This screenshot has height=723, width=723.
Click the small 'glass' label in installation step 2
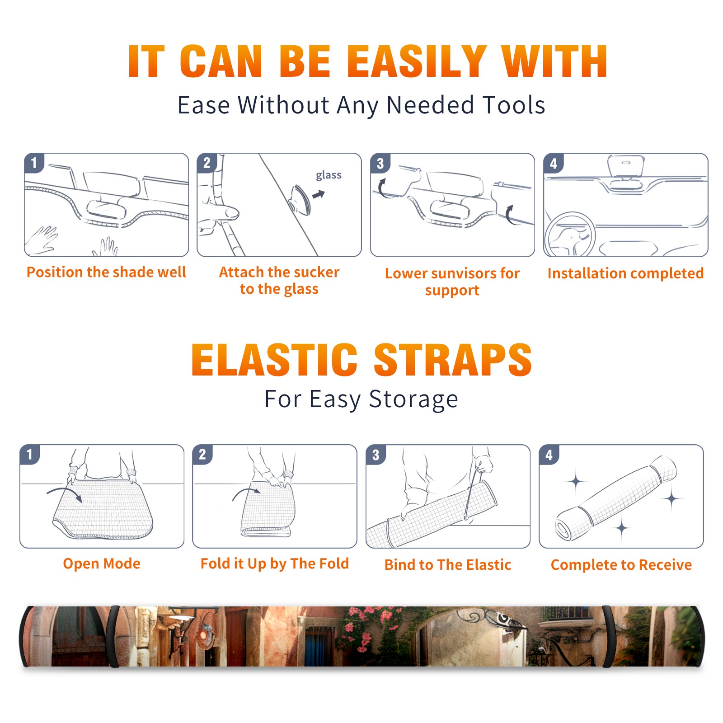[x=329, y=175]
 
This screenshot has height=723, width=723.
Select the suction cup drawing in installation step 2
[x=300, y=199]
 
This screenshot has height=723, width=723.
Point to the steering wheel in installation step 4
[x=570, y=234]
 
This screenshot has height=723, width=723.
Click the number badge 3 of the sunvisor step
[x=380, y=163]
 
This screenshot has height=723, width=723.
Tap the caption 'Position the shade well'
[x=106, y=272]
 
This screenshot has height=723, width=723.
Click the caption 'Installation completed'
[x=625, y=273]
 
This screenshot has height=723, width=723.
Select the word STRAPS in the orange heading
[x=453, y=360]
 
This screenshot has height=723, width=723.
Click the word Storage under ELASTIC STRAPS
[x=413, y=399]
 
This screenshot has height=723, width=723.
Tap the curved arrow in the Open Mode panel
[x=64, y=493]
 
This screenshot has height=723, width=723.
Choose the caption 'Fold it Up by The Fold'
[x=275, y=563]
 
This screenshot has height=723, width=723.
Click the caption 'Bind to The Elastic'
[x=448, y=564]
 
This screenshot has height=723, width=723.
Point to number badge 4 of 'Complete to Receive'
[x=549, y=455]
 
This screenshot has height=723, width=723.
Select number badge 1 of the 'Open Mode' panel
[x=30, y=455]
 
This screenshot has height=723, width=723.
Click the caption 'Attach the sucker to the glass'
[x=279, y=280]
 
